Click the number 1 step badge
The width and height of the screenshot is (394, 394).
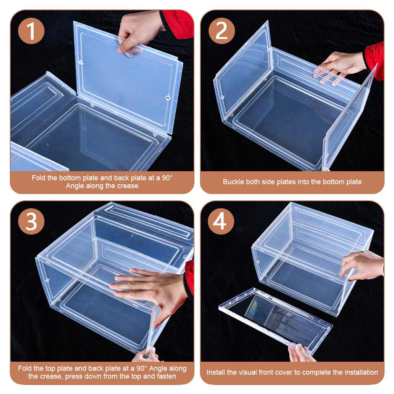(x=31, y=31)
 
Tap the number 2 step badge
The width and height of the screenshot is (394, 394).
(x=222, y=31)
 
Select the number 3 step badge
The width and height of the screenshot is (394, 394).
(x=31, y=221)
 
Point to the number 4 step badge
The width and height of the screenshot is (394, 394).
(x=221, y=221)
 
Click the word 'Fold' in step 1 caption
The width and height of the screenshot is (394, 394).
(x=39, y=178)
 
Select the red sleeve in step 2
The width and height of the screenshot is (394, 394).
(x=374, y=61)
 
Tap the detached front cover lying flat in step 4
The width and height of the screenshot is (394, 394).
(x=276, y=319)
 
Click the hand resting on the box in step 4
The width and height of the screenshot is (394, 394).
(x=362, y=265)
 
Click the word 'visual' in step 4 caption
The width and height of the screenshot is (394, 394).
(x=248, y=372)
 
